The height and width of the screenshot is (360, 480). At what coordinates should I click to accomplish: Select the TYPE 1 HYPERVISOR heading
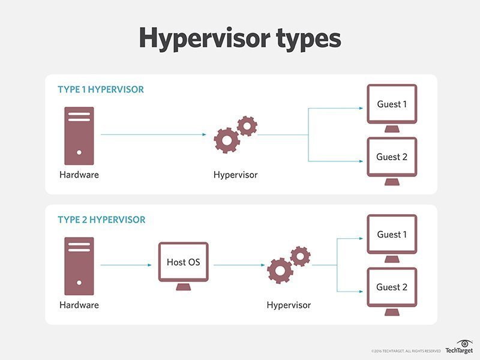(101, 90)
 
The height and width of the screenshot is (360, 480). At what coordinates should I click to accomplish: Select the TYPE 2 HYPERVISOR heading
(101, 220)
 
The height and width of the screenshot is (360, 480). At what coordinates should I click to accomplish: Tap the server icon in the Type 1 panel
(79, 135)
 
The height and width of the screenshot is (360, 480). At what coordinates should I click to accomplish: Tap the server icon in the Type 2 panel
(79, 265)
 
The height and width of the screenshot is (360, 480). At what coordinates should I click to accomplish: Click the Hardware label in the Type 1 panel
(79, 175)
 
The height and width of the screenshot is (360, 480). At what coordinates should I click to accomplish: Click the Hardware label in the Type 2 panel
(79, 305)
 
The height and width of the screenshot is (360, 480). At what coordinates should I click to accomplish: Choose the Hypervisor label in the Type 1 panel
(235, 175)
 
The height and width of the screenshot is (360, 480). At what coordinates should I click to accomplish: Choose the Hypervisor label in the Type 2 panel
(289, 305)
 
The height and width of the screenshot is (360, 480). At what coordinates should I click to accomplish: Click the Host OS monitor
(183, 262)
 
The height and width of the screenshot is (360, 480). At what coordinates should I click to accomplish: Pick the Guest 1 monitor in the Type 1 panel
(391, 105)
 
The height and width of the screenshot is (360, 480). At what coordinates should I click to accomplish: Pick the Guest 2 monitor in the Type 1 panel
(391, 158)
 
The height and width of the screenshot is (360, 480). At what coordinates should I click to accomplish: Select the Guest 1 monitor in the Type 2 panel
(391, 235)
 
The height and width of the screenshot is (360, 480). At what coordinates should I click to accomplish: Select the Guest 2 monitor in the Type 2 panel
(391, 287)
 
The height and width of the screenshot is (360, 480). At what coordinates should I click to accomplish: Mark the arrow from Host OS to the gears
(239, 265)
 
